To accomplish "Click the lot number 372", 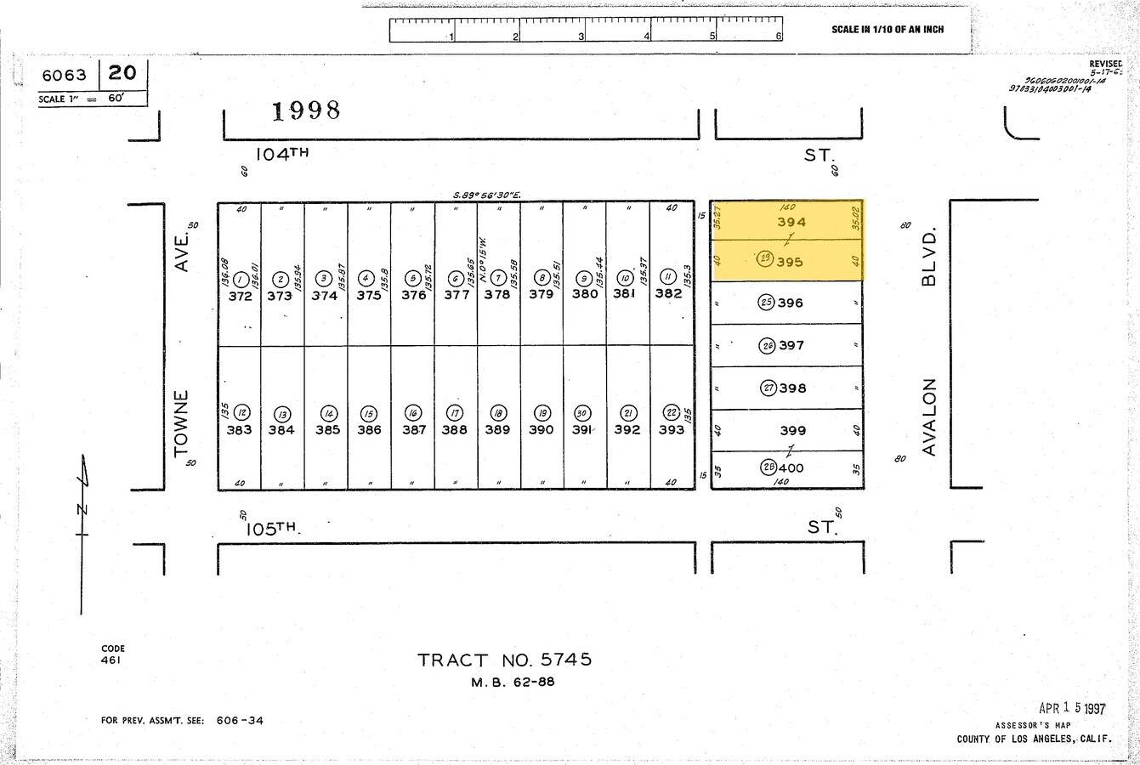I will point(241,296).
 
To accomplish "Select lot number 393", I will point(671,429).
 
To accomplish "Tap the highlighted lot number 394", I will point(791,222).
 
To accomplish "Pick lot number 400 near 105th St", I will point(790,467).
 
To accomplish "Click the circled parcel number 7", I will point(497,278).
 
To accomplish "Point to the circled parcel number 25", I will point(766,303).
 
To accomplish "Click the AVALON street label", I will point(928,416).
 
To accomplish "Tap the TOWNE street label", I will point(181,423).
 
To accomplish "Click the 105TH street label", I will point(272,528).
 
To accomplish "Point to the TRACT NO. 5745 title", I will point(504,660).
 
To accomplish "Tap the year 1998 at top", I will point(306,110).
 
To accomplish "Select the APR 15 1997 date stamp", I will point(1072,708).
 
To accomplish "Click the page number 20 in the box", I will point(122,73).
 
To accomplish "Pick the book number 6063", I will point(64,76).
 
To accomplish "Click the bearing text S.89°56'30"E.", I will point(486,195).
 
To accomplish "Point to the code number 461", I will point(111,660).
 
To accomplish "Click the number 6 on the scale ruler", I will point(778,37).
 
